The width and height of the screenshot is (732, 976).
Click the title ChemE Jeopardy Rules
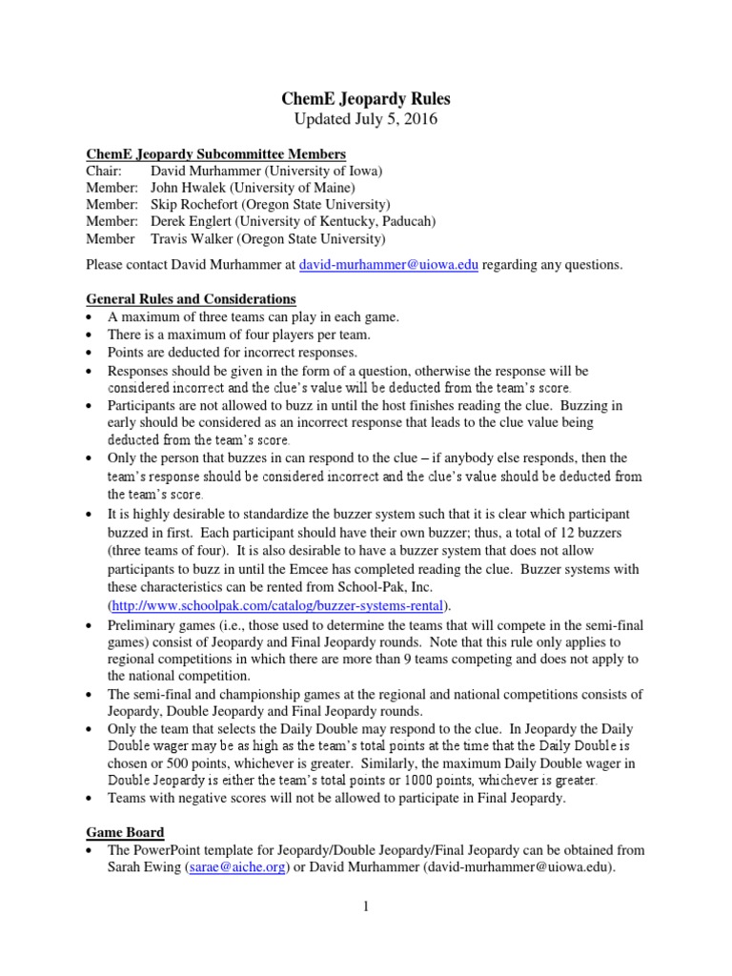tap(366, 98)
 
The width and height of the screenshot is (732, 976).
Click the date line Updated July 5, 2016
tap(366, 119)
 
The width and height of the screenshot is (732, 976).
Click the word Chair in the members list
tap(104, 171)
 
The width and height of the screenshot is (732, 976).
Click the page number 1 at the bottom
tap(365, 909)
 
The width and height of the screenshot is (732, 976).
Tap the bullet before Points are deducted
tap(90, 353)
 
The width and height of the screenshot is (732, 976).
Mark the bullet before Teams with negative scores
tap(90, 799)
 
